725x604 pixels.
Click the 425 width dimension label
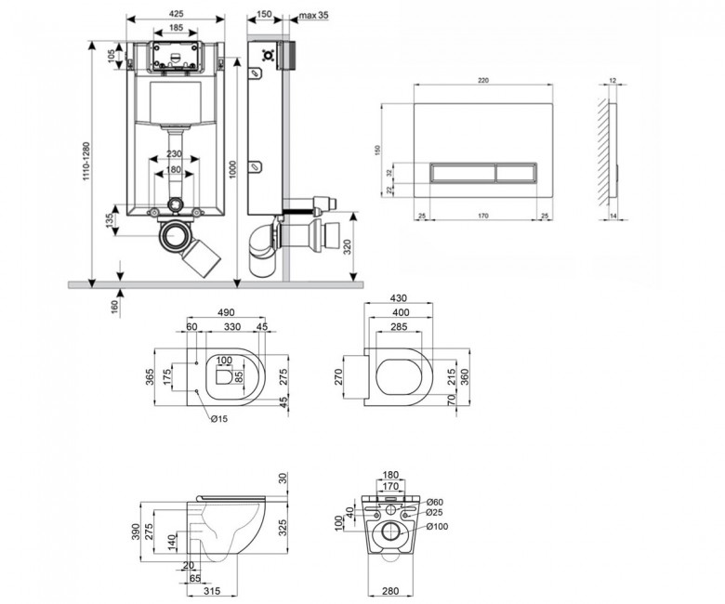point(176,13)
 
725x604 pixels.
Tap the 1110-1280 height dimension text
point(87,161)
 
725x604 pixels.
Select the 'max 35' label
point(313,15)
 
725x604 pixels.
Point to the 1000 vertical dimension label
point(232,169)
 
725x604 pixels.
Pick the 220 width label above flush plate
point(482,81)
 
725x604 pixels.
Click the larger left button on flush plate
point(463,172)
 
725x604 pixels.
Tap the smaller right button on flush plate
point(517,172)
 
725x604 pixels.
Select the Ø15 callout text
point(219,419)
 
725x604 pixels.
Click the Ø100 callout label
point(437,526)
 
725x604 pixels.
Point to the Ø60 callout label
point(435,503)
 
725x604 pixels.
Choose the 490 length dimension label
point(226,313)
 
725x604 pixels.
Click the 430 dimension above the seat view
point(399,298)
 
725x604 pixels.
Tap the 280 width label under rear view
point(390,591)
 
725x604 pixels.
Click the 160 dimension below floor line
point(114,306)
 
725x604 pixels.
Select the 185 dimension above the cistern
point(176,28)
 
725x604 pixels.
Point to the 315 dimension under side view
point(212,591)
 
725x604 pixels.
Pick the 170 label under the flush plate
point(482,216)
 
